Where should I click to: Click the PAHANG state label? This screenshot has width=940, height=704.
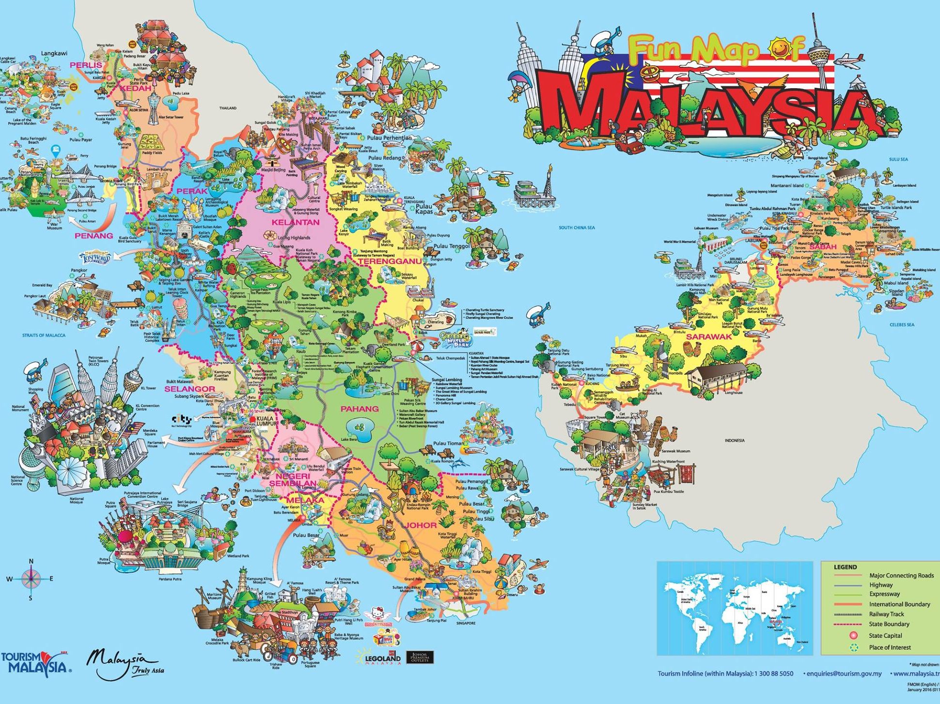pos(359,409)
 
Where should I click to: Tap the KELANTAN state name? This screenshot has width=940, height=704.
pos(295,222)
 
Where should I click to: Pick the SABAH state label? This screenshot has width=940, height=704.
pos(823,247)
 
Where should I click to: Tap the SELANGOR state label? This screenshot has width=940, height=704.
pos(189,389)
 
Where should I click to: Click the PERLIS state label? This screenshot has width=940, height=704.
pos(86,65)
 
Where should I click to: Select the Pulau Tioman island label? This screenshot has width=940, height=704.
pos(448,443)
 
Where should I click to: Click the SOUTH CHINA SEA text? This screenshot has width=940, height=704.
pos(577,228)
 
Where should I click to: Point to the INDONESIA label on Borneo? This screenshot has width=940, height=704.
pos(735,441)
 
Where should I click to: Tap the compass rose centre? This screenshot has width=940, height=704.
pos(31,578)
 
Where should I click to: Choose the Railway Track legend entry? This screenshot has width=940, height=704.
pos(886,614)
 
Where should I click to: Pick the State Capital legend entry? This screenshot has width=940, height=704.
pos(885,636)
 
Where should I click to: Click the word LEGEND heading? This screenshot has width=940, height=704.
pos(845,567)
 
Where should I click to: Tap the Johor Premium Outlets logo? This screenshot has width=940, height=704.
pos(419,658)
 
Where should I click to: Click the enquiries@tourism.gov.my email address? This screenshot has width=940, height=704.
pos(844,673)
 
